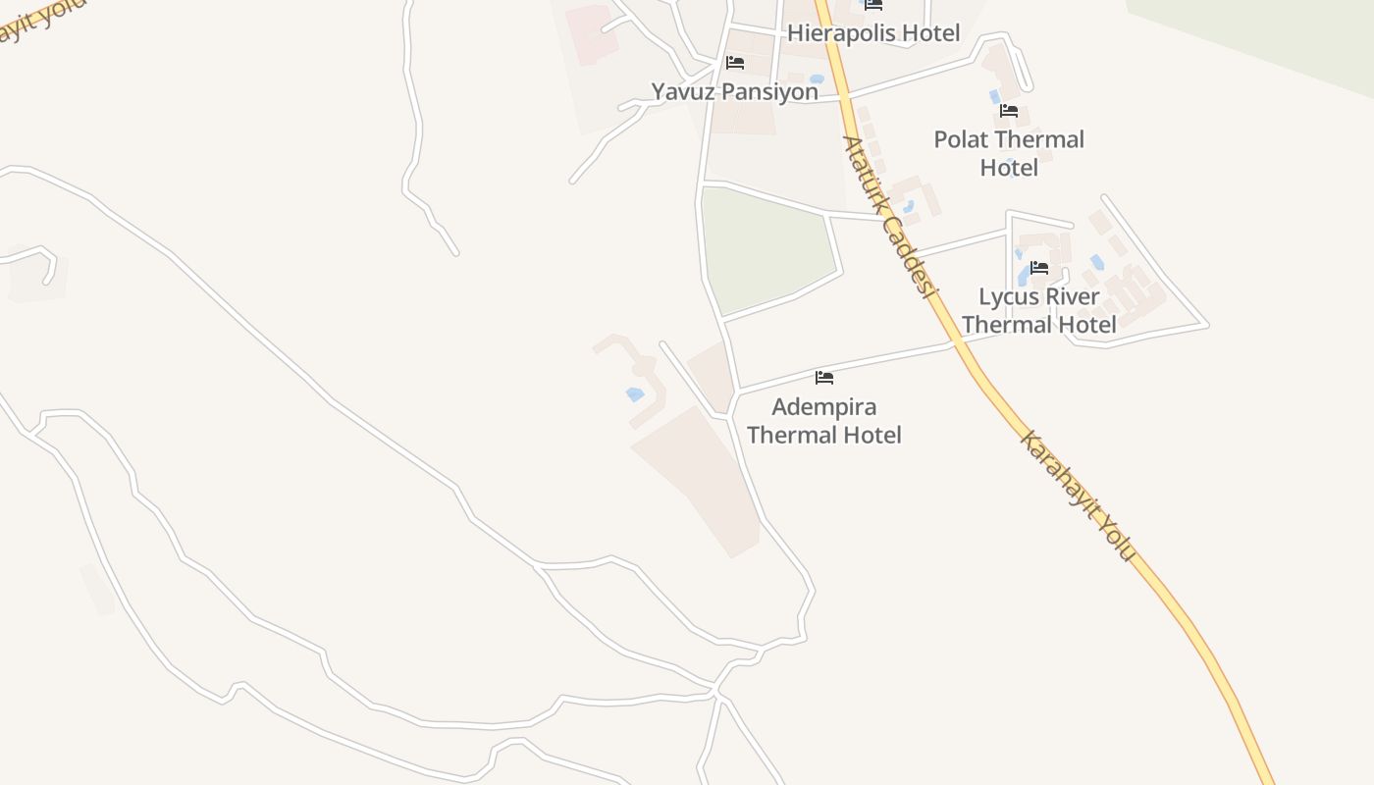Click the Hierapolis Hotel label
[873, 33]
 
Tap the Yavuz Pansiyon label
[734, 92]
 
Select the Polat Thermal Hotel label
[1009, 153]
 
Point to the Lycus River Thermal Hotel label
[1039, 310]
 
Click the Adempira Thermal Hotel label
[824, 421]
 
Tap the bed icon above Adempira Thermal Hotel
[824, 377]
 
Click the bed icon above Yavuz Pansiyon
[735, 63]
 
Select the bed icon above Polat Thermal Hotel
[1009, 111]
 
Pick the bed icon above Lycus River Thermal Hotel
[1039, 267]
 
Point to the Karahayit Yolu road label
[1078, 496]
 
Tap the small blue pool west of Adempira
[635, 394]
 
